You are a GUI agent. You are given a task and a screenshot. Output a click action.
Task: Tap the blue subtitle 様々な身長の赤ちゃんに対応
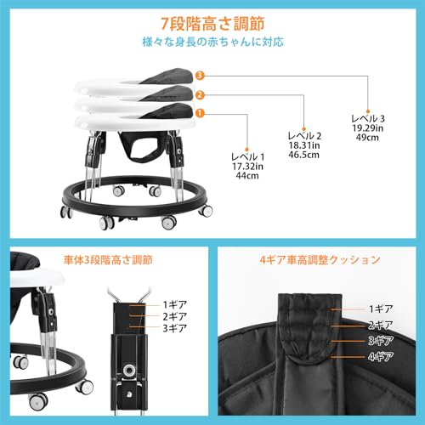212,40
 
